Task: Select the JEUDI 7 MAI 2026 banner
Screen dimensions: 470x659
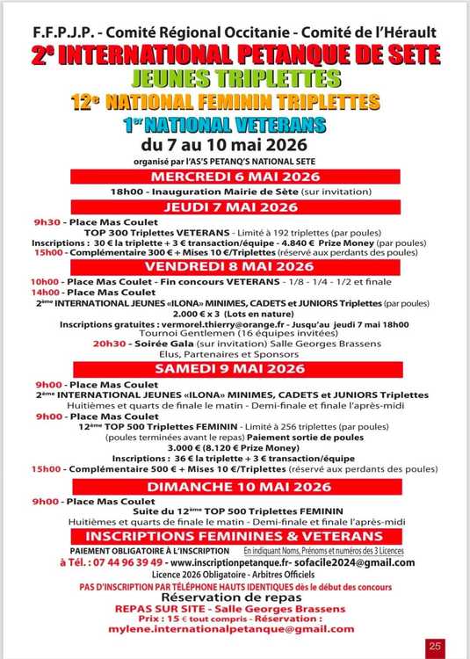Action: coord(234,206)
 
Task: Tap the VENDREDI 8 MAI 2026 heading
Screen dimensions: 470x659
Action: coord(234,266)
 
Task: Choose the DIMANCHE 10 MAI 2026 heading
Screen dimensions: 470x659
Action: coord(234,487)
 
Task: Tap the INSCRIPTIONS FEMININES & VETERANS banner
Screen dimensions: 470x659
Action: coord(234,535)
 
